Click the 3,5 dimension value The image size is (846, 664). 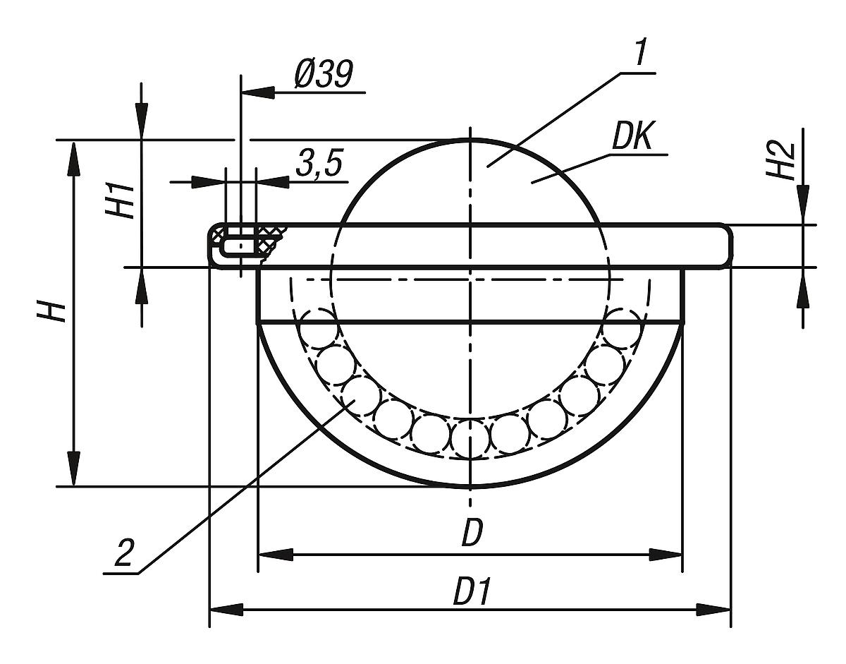(x=318, y=164)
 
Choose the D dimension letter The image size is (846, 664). (x=471, y=534)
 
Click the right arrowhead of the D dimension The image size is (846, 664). (x=667, y=555)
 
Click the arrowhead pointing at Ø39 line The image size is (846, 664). (x=257, y=92)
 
